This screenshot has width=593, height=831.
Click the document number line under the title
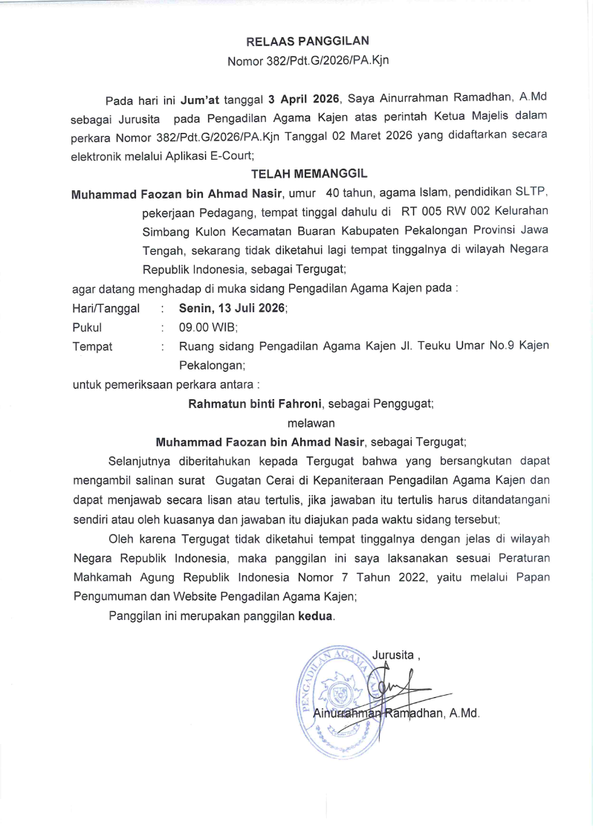pos(307,61)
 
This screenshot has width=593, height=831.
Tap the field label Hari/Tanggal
pos(106,308)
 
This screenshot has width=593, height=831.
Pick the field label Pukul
pos(87,327)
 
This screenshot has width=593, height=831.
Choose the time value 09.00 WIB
pos(207,327)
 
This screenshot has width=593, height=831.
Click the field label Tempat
pos(92,346)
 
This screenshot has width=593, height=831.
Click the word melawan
pos(306,423)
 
